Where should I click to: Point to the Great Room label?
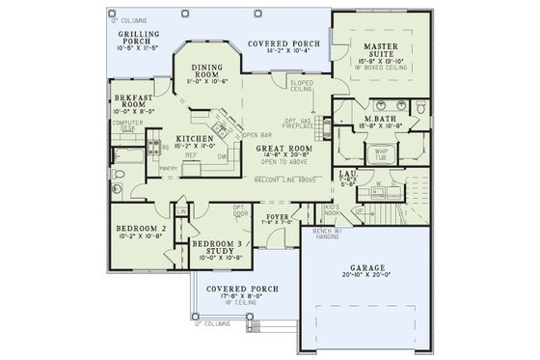(x=283, y=150)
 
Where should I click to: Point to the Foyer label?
(x=278, y=217)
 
